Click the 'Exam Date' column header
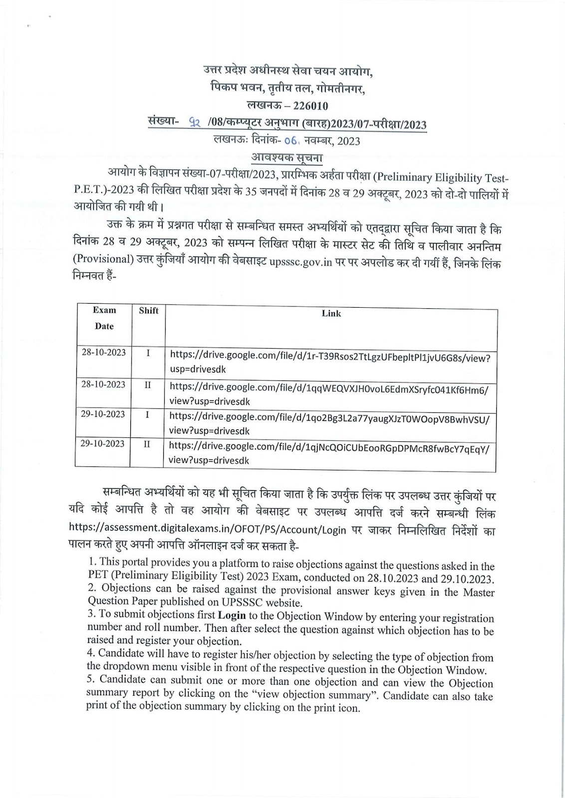(104, 318)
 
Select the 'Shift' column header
(148, 311)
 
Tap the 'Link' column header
(331, 313)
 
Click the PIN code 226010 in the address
(307, 106)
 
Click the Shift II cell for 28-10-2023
(148, 385)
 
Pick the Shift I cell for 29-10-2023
(148, 414)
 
